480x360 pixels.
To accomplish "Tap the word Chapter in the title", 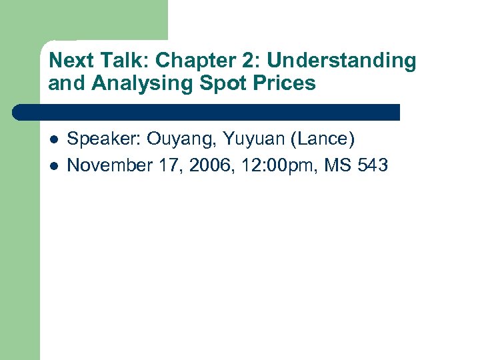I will (x=189, y=61).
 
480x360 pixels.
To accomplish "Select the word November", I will (x=109, y=165).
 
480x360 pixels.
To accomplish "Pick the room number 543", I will (x=373, y=165).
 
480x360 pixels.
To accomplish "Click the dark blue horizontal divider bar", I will (x=207, y=111).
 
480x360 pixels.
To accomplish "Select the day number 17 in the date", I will (x=171, y=165).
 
